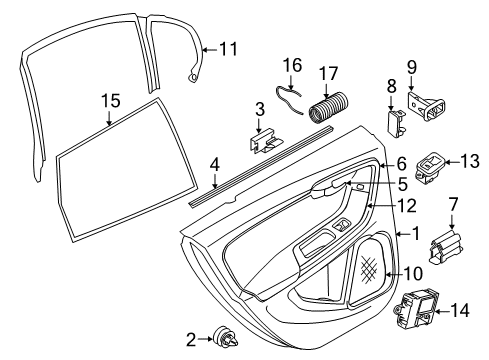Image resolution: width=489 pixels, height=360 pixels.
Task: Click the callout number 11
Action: point(229,47)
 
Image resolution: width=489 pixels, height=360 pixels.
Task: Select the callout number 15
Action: point(109,100)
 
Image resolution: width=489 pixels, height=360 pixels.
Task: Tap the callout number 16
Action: point(291,65)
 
